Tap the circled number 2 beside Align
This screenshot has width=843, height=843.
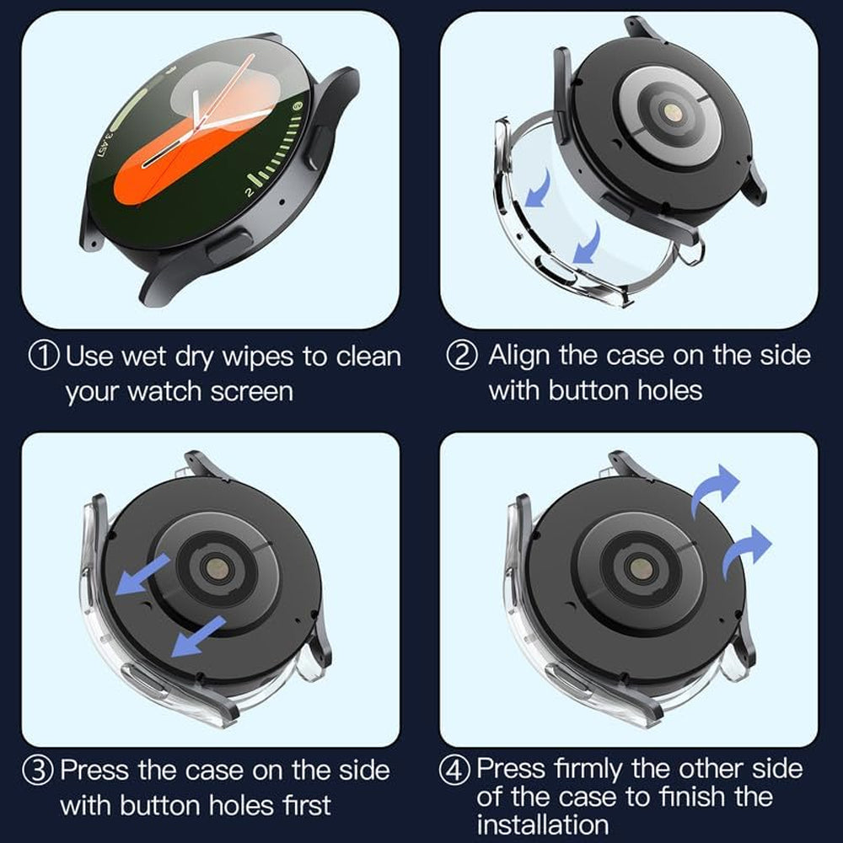(461, 355)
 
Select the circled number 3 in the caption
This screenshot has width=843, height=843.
(44, 771)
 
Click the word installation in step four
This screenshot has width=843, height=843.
(542, 823)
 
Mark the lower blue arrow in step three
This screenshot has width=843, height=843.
(196, 636)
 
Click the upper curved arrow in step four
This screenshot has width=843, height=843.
(714, 489)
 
